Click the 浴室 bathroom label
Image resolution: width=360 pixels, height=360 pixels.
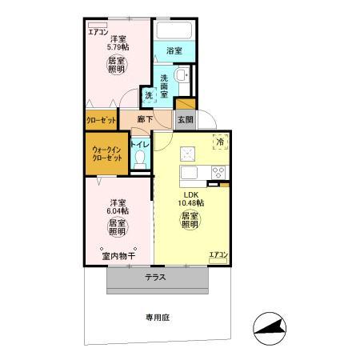(174, 50)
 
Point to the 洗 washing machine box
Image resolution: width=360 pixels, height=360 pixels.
(149, 96)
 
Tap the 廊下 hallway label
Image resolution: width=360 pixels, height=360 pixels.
(145, 119)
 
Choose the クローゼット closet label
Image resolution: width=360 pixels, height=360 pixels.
(101, 120)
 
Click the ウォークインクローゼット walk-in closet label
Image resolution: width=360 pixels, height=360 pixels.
(106, 154)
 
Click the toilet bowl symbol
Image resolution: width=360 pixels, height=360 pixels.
(141, 158)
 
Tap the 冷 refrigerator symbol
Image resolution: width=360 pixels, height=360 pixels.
(220, 142)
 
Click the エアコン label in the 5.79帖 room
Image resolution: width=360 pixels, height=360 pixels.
(98, 32)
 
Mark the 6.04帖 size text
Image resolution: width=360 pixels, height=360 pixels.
(118, 210)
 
